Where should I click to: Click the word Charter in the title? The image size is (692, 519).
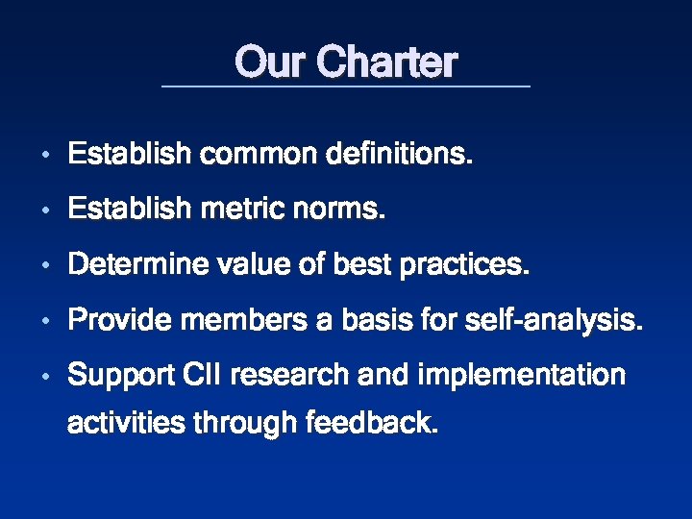coord(387,62)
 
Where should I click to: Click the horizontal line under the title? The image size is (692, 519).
coord(346,87)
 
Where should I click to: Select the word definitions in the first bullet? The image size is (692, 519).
coord(400,154)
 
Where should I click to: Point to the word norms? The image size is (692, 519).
coord(345,210)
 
